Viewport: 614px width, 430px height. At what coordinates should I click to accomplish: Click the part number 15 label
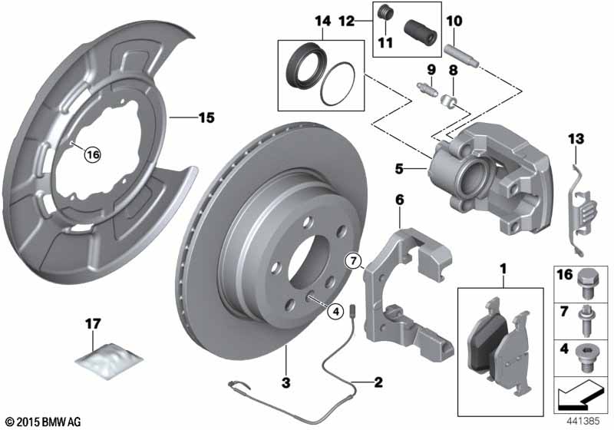[x=206, y=117]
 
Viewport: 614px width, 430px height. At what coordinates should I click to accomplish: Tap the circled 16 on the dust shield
[x=93, y=155]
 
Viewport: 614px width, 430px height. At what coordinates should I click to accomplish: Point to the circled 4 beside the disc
[x=335, y=311]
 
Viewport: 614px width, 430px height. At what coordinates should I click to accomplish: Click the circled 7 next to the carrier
[x=354, y=261]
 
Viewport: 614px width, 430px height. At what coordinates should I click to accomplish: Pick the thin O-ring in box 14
[x=338, y=84]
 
